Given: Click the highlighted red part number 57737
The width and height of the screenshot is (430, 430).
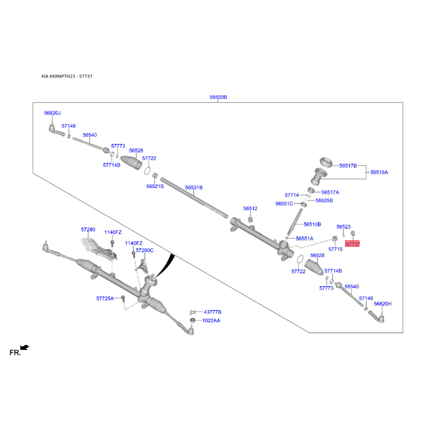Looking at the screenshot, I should coord(353,244).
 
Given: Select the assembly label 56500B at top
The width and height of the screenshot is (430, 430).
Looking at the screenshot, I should coord(218,97).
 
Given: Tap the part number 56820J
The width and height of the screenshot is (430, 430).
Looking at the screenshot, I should coord(53,113).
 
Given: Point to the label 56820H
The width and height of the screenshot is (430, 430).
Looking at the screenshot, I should coord(383,304).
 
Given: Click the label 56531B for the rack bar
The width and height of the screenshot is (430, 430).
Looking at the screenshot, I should coord(193,188).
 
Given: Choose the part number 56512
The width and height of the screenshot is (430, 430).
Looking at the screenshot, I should coord(250,208).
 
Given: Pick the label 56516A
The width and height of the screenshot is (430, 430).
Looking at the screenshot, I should coord(379,173).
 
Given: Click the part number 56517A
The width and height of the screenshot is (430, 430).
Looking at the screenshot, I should coord(331,192).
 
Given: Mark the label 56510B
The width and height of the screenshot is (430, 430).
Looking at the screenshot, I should coord(312,224).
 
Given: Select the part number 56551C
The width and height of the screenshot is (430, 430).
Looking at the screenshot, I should coord(284,204).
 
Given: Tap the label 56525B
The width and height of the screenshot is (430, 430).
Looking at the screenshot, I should coord(324,200).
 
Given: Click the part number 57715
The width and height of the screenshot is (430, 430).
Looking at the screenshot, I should coord(335,249).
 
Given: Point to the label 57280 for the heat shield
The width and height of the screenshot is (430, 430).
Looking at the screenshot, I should coord(88,230).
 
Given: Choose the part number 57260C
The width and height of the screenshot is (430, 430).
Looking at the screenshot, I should coord(145,250).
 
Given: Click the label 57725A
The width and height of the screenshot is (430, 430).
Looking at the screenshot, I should coord(105,298).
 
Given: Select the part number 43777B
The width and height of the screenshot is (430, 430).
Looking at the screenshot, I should coord(212,312).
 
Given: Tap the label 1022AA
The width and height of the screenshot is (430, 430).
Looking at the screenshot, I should coord(211,320).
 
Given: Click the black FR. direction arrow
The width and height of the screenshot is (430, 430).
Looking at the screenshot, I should coord(25,348).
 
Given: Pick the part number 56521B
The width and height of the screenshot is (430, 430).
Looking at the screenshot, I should coord(155,186).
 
